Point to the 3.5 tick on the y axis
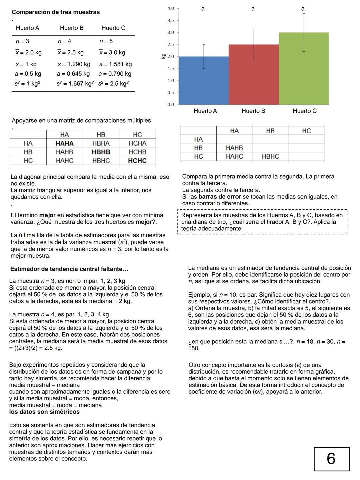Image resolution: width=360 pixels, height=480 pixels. point(171,20)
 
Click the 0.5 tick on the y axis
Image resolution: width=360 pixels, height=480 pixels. point(171,92)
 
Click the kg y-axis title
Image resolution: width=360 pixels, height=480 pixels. point(163,56)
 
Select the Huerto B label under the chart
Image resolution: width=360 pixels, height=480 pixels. point(253,111)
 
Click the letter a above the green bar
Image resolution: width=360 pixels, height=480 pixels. point(303,9)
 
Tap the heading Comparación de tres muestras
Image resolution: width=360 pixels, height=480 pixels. point(56,12)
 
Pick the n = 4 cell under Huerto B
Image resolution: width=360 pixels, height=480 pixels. point(64,41)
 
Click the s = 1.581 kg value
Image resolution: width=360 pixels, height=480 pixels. point(115,64)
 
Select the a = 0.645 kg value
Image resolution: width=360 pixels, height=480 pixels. point(73,74)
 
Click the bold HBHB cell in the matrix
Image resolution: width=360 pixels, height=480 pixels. point(101,152)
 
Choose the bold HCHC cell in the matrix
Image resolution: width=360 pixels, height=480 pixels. point(137,161)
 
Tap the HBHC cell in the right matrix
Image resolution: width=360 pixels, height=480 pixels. point(270,156)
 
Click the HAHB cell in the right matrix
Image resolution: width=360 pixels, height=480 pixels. point(234,148)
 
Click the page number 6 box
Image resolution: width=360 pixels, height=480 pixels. point(332,459)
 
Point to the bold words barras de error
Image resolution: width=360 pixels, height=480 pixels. point(219,197)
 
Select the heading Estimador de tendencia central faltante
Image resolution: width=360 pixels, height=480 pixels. point(69,269)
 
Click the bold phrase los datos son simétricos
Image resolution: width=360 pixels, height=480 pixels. point(44,412)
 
